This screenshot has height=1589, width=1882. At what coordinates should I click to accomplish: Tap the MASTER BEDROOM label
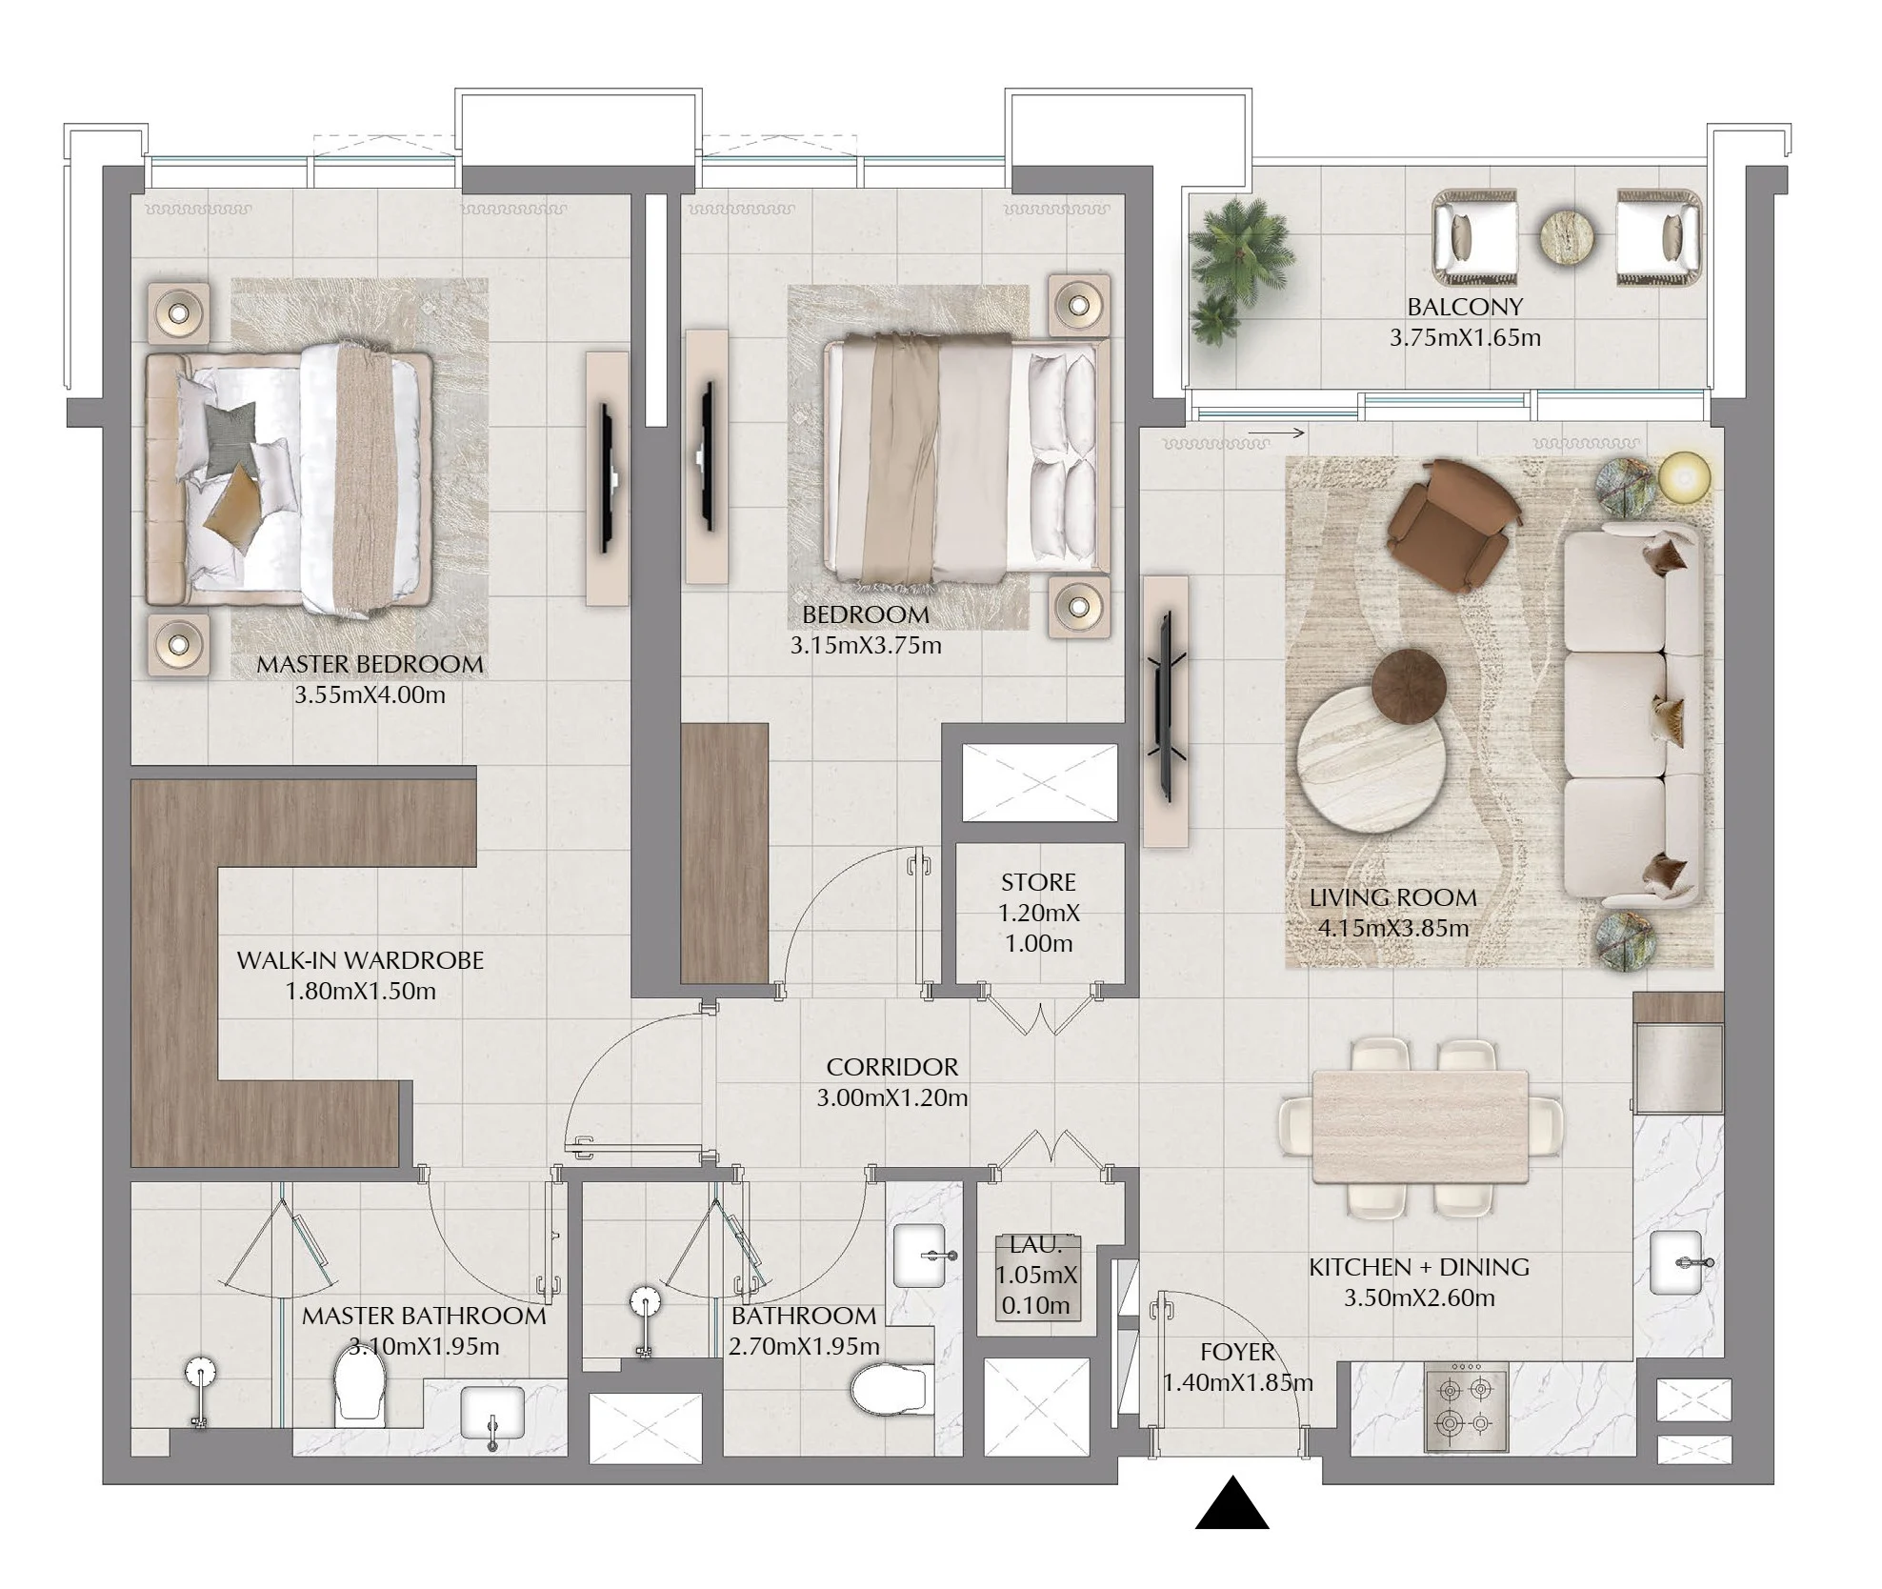coord(370,664)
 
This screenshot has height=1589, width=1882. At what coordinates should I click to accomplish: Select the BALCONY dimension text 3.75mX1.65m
coord(1465,337)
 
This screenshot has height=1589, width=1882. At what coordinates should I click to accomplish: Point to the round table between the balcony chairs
coord(1567,237)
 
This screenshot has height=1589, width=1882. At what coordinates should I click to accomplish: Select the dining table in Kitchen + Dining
coord(1420,1127)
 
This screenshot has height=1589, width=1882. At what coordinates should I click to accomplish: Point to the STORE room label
coord(1038,882)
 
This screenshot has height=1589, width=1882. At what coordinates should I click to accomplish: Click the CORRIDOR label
coord(892,1067)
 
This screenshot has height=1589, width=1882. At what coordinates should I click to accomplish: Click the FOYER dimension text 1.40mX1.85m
coord(1238,1382)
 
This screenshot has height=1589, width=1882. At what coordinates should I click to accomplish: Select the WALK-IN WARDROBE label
coord(360,960)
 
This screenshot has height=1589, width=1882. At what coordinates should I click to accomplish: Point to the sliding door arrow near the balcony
coord(1275,433)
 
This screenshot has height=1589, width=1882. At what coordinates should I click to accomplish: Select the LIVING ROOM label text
coord(1393,897)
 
